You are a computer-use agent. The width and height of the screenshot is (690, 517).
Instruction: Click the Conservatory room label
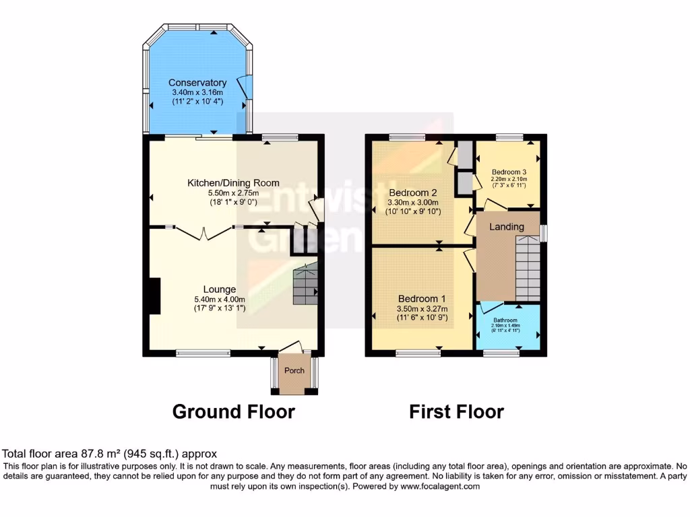pos(197,83)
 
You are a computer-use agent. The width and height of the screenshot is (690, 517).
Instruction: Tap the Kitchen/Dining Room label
pos(233,183)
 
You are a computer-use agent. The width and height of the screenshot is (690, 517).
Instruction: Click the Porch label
pos(294,370)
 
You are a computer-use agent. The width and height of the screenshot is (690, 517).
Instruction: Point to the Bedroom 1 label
pos(421,299)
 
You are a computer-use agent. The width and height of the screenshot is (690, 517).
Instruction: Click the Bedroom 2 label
pos(413,192)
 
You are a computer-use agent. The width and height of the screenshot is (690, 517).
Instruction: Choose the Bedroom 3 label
pos(509,171)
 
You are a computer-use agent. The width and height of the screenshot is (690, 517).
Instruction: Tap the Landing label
pos(506,227)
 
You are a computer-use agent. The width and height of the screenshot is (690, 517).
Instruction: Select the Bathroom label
pos(505,320)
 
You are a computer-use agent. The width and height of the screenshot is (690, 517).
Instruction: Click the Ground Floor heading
pos(233,411)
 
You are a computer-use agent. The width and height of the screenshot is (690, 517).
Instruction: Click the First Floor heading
pos(456,411)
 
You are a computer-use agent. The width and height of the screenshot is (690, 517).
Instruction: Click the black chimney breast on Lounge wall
pos(154,296)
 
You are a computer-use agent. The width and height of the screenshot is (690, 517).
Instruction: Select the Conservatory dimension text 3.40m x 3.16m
pos(197,92)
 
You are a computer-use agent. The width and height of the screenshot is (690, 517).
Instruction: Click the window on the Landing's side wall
pos(544,232)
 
